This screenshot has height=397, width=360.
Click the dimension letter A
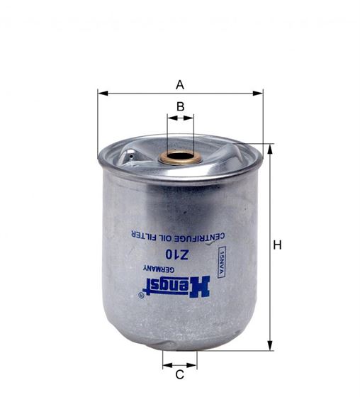pos(180,85)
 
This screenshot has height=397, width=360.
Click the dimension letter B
pos(180,106)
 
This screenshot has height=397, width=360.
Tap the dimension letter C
pos(179,375)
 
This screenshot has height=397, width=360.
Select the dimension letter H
pos(277,245)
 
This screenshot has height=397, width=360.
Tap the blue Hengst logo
pos(176,286)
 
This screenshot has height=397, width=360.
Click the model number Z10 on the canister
pos(176,255)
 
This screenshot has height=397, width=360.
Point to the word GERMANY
pos(159,269)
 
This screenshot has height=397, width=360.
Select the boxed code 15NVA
pos(222,262)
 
